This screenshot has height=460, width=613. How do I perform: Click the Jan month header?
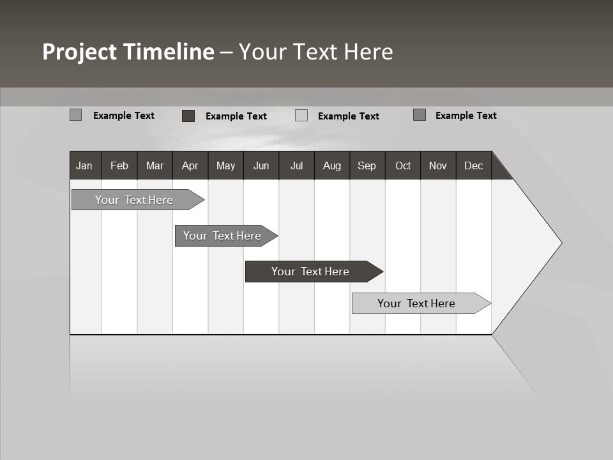(84, 166)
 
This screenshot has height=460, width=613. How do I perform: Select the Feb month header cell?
(119, 166)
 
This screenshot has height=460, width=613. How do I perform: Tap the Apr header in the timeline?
(190, 166)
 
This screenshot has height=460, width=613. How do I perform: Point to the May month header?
(225, 166)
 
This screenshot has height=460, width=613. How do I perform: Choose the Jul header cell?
(296, 166)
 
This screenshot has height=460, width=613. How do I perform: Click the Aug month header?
(332, 166)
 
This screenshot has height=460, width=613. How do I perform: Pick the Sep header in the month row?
(367, 166)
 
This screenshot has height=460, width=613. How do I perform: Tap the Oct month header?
(403, 166)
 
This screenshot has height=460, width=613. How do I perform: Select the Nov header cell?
(438, 166)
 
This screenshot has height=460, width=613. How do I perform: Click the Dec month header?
(474, 166)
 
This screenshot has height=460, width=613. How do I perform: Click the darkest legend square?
(188, 116)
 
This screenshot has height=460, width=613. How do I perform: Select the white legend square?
(301, 116)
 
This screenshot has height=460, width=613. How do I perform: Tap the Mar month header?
(155, 166)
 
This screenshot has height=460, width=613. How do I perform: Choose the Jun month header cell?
(261, 166)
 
